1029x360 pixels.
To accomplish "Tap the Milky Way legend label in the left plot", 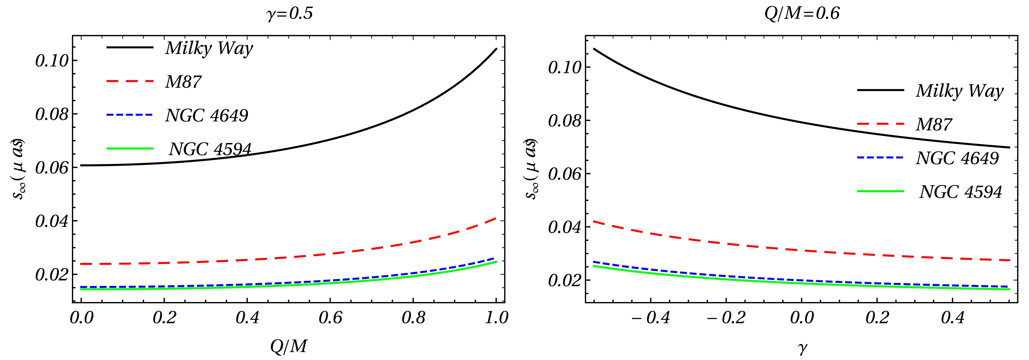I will (209, 48).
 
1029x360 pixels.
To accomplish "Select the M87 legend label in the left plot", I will (183, 82).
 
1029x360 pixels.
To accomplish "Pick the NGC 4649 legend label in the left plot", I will (206, 115).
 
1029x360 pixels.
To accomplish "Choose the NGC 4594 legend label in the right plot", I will (961, 192).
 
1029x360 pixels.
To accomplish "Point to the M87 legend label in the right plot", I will (934, 125).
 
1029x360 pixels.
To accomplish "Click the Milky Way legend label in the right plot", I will (959, 91).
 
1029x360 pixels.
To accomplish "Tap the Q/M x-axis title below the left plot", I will (288, 346).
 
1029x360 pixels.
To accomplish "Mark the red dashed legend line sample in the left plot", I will (130, 81).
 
